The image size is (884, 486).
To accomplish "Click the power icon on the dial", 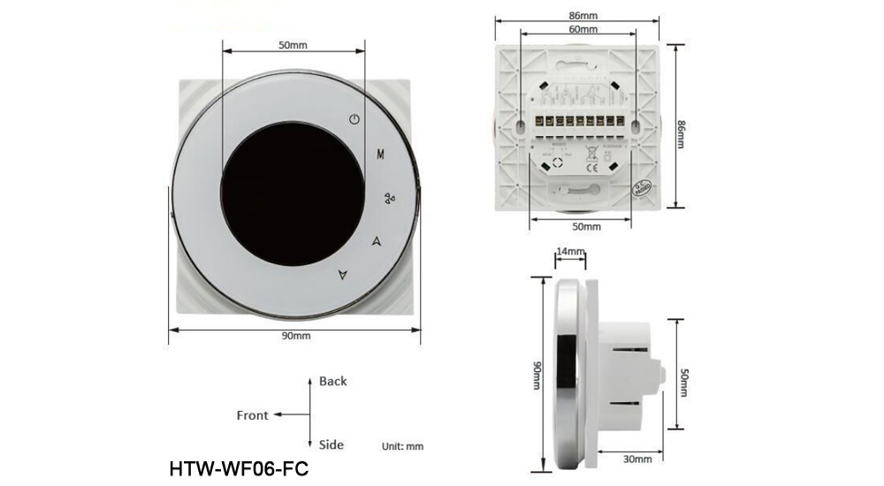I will (x=354, y=119).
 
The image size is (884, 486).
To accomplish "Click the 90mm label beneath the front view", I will (x=296, y=337).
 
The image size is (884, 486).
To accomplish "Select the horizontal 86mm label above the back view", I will (x=583, y=15).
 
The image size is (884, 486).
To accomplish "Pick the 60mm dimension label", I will (x=583, y=29).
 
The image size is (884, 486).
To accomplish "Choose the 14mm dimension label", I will (x=570, y=252).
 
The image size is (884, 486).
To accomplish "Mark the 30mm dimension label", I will (x=638, y=459).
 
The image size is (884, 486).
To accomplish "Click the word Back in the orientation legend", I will (x=333, y=382).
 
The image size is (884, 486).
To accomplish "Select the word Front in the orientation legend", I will (x=252, y=415).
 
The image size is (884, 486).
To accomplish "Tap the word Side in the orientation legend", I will (x=331, y=444).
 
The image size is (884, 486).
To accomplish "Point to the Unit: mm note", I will (x=402, y=446).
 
